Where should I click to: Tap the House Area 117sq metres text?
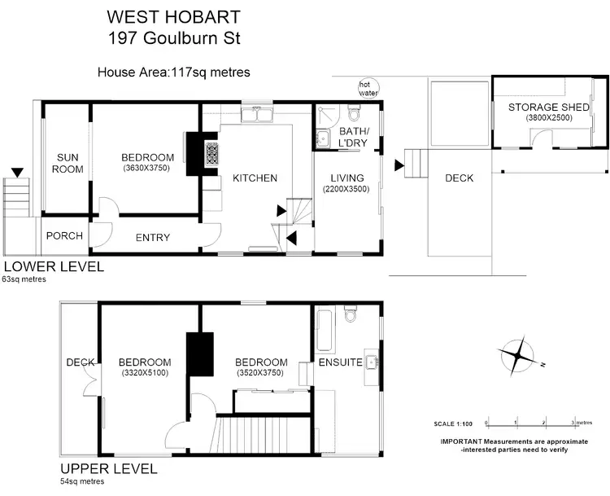tap(173, 72)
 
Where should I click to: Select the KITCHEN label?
tap(255, 178)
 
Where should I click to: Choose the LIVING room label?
tap(346, 178)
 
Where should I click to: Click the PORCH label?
tap(64, 236)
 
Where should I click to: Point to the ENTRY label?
tap(153, 238)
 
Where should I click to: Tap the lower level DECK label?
tap(459, 178)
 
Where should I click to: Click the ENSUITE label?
tap(340, 362)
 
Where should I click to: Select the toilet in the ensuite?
tap(351, 314)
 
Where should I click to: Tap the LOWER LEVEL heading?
tap(54, 266)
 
